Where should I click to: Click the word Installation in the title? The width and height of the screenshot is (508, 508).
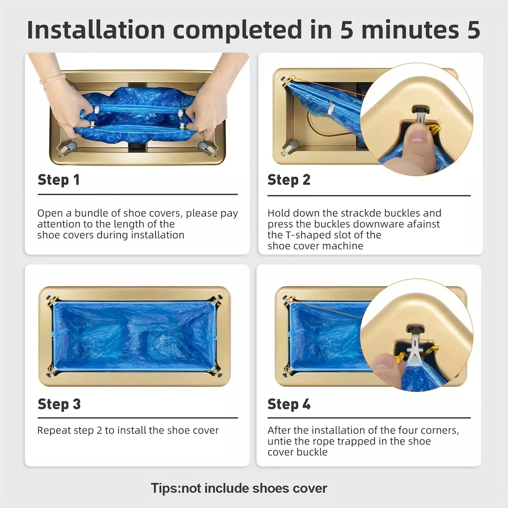coord(96,30)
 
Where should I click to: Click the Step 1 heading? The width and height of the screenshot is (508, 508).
coord(58,180)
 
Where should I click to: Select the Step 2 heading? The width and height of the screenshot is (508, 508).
coord(289,180)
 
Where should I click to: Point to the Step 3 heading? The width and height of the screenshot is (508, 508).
coord(59,404)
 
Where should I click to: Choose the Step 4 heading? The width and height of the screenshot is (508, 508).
coord(289,404)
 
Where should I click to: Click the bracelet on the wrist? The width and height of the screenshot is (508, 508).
coord(53,79)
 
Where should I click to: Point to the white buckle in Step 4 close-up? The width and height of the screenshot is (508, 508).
coord(416,348)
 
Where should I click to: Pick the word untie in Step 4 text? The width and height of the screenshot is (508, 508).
coord(279,441)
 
